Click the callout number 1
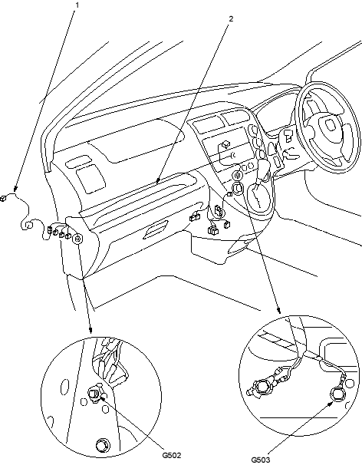[x=77, y=5]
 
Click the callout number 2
[x=232, y=18]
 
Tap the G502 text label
[x=172, y=455]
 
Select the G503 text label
[x=261, y=460]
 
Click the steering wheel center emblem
[x=329, y=124]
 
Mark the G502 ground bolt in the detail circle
[x=94, y=394]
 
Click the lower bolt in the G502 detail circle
[x=103, y=445]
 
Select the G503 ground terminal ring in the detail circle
[x=337, y=394]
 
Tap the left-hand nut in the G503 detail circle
[x=262, y=387]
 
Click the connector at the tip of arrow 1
[x=3, y=199]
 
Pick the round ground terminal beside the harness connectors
[x=78, y=239]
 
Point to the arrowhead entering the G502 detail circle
[x=90, y=331]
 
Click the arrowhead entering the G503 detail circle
[x=278, y=311]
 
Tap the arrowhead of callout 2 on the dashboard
[x=158, y=180]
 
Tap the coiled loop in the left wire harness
[x=28, y=225]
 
